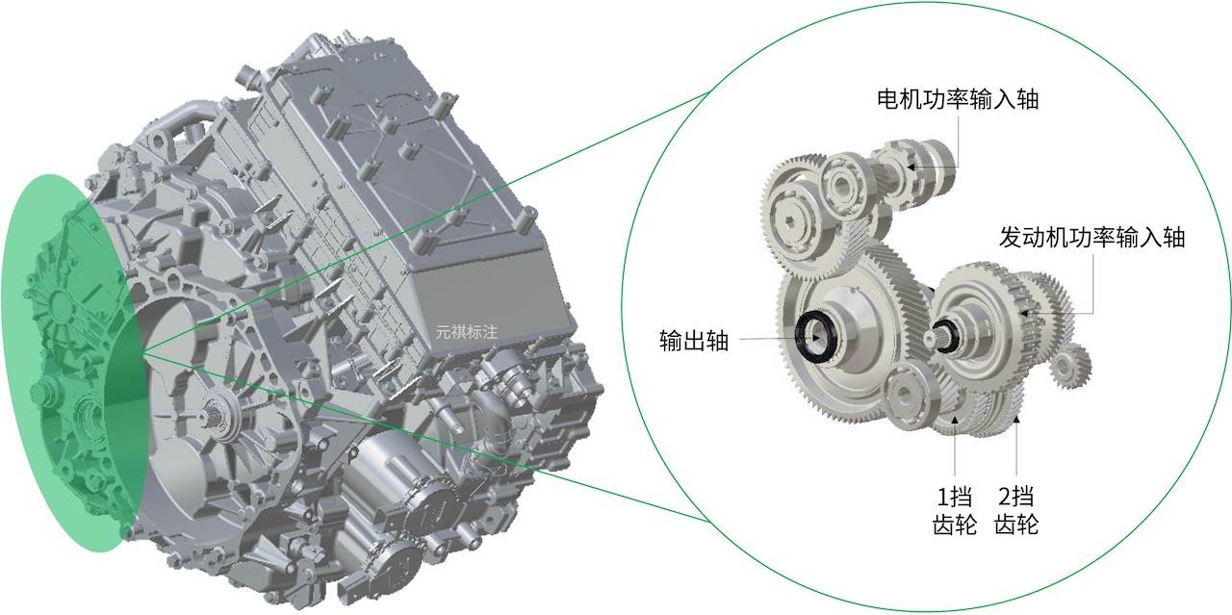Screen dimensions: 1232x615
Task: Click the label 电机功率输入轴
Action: click(x=958, y=99)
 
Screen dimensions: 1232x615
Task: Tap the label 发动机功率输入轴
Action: click(x=1091, y=238)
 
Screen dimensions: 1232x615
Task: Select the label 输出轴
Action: click(x=694, y=341)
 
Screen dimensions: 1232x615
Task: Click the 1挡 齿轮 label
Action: click(x=954, y=510)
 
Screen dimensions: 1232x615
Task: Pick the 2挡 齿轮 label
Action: click(x=1016, y=510)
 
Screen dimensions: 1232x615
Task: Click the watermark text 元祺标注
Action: click(x=467, y=332)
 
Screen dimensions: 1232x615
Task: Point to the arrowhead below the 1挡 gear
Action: click(x=956, y=420)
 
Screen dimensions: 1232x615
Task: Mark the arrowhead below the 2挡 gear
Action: click(x=1016, y=420)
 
